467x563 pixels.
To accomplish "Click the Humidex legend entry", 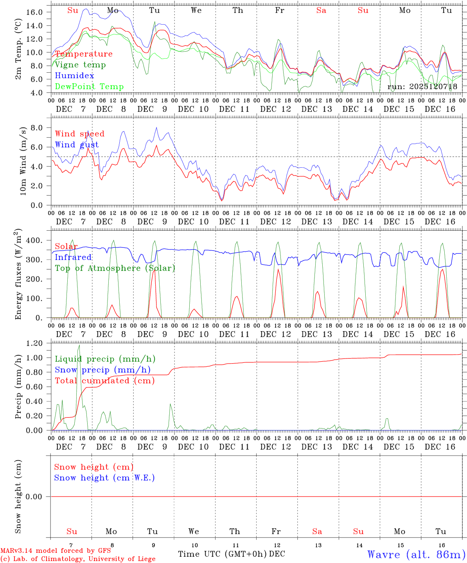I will tap(74, 75).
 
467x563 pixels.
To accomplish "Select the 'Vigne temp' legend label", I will tap(80, 65).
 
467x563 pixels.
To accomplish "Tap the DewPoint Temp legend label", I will tap(89, 86).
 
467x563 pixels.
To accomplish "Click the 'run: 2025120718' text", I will tap(422, 86).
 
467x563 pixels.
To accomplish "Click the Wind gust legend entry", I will tap(77, 145).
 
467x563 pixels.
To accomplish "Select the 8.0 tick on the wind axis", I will tap(39, 127).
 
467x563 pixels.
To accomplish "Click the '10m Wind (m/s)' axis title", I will tap(23, 161).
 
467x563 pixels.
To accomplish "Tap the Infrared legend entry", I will tap(73, 257).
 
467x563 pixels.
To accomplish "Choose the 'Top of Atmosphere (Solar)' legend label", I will tap(115, 268).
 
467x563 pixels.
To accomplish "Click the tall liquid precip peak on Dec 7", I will tap(79, 346).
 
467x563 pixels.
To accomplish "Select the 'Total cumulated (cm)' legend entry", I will tap(105, 380).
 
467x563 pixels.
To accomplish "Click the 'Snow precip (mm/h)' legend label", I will tap(102, 369).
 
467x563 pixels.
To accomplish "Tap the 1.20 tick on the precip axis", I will tap(34, 343).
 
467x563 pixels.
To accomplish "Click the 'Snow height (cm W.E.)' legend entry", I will tap(104, 477).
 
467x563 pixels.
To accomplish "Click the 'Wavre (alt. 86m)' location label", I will tap(416, 554).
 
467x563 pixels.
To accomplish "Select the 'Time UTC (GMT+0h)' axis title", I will tap(222, 554).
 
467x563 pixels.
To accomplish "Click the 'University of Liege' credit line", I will tap(78, 559).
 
